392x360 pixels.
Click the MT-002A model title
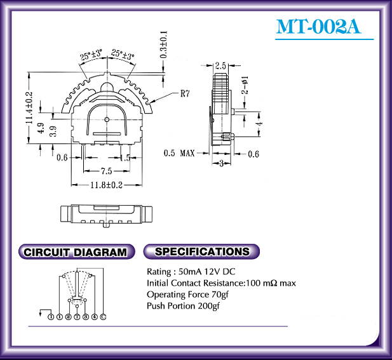coord(318,27)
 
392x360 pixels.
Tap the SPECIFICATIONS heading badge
coord(202,251)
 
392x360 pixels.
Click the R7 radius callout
coord(185,94)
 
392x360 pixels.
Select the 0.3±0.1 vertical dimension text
coord(164,44)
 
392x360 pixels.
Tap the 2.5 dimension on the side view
coord(221,65)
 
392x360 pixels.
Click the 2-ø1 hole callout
coord(245,86)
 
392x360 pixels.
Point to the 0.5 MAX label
coord(179,153)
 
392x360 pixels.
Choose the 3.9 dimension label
coord(53,131)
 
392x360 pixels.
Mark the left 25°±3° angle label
coord(91,56)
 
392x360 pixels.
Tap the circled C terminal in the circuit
coord(103,316)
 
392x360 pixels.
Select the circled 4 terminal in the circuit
coord(94,316)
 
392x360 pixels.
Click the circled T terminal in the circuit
coord(77,316)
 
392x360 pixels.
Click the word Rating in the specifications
coord(158,272)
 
